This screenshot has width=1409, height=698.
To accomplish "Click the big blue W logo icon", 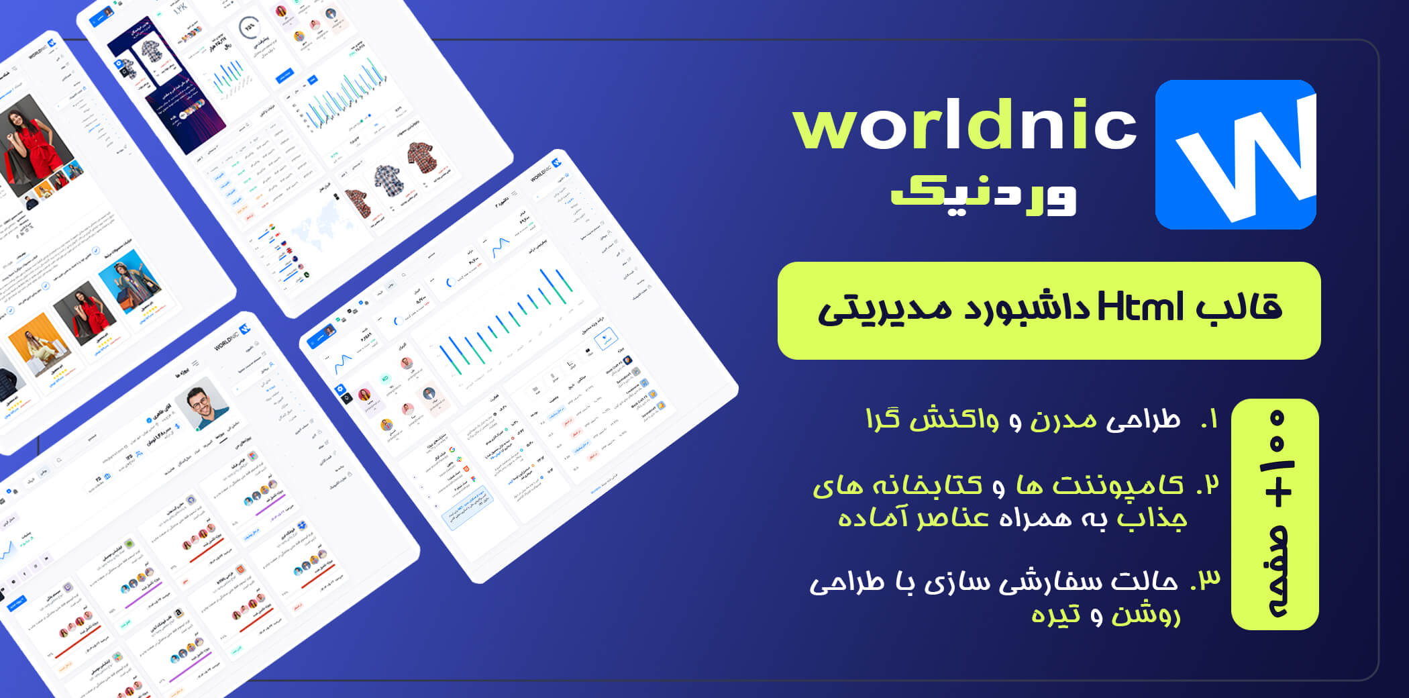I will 1235,154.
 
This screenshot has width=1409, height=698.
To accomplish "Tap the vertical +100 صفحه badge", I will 1275,514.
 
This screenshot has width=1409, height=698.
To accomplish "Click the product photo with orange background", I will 38,342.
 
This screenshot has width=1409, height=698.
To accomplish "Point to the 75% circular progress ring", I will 250,28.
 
